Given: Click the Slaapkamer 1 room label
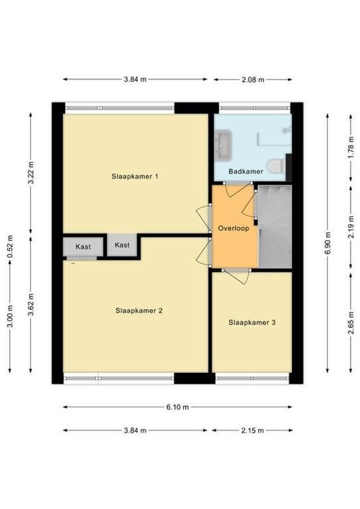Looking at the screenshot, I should pyautogui.click(x=135, y=176).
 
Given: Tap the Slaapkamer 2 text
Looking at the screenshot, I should pyautogui.click(x=139, y=311).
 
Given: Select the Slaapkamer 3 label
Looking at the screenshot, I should pyautogui.click(x=252, y=323).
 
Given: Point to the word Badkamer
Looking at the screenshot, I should pyautogui.click(x=246, y=171).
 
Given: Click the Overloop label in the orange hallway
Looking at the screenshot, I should pyautogui.click(x=232, y=228).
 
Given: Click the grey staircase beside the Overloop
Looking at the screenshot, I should pyautogui.click(x=274, y=226).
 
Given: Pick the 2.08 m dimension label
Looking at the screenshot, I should pyautogui.click(x=253, y=80).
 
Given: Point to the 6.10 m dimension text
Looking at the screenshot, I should pyautogui.click(x=178, y=407).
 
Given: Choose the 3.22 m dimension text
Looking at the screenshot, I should pyautogui.click(x=30, y=172).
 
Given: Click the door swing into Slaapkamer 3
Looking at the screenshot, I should pyautogui.click(x=239, y=275).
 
